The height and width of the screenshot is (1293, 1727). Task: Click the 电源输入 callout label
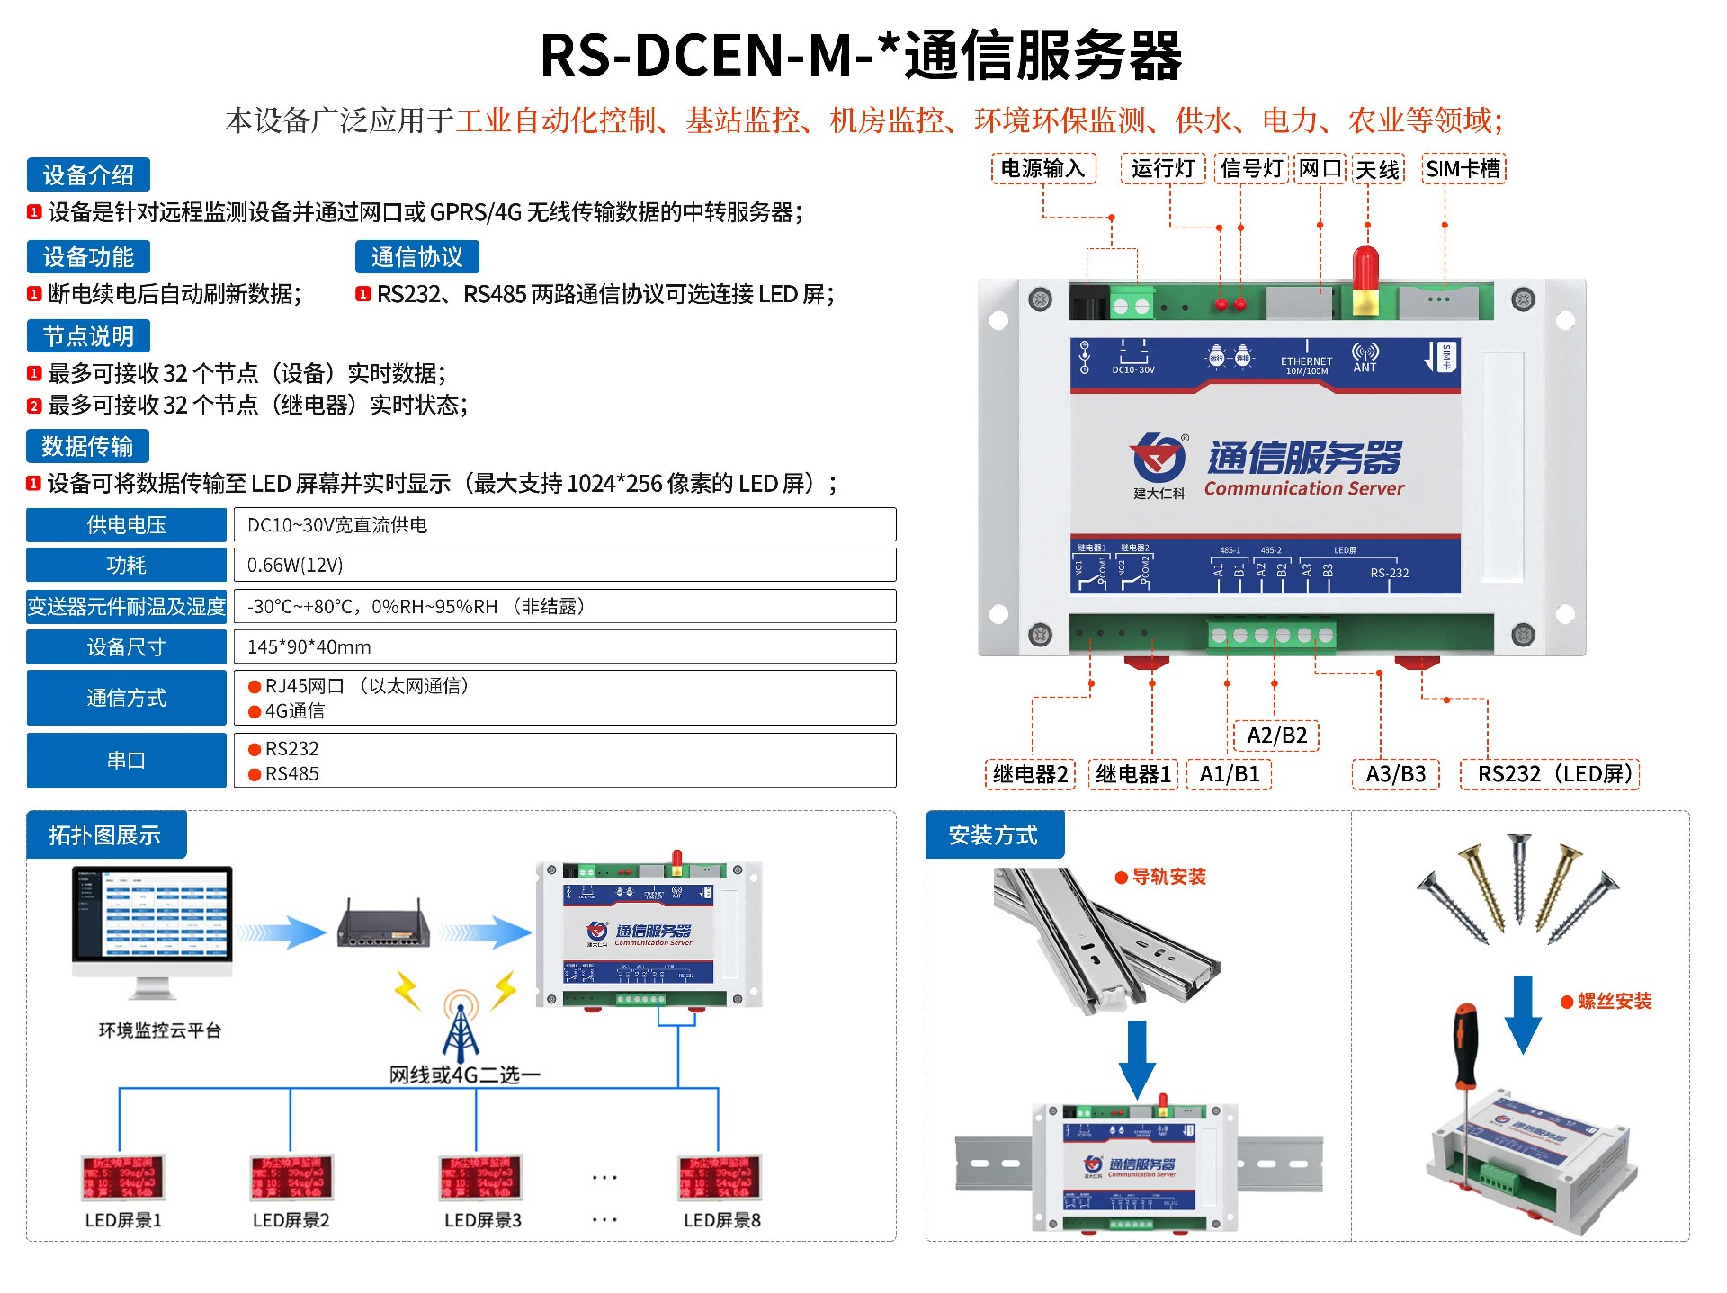point(1043,168)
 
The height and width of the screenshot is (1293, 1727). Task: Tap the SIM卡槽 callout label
point(1463,168)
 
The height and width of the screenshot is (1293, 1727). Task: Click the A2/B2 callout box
point(1276,736)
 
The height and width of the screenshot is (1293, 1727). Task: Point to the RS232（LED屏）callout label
point(1550,774)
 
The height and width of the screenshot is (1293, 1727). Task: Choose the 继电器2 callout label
point(1030,774)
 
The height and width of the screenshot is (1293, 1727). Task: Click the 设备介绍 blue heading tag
point(88,174)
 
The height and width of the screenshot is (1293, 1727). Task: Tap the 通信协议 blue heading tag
point(416,257)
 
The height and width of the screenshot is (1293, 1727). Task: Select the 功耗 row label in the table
point(126,565)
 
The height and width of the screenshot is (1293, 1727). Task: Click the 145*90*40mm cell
point(565,646)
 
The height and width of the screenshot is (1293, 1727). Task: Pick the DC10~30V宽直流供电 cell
point(565,525)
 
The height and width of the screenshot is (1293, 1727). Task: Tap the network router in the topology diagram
point(382,926)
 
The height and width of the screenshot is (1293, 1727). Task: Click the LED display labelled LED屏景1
point(123,1177)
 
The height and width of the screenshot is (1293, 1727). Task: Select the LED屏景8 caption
point(721,1220)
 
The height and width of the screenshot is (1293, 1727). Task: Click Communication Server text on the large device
point(1303,489)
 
